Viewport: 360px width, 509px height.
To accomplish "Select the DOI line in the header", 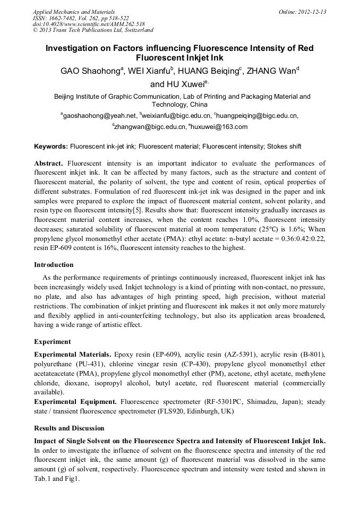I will click(89, 24).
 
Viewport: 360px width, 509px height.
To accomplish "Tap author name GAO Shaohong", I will click(90, 72).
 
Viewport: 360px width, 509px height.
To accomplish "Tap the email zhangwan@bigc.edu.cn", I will click(150, 127).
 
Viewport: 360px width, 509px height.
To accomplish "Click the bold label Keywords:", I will click(51, 146).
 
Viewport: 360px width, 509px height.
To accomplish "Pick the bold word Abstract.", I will click(49, 163).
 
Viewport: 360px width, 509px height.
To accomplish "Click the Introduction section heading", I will click(54, 264).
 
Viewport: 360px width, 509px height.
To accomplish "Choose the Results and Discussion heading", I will click(69, 428).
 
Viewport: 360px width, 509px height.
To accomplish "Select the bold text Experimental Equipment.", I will click(76, 402).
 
